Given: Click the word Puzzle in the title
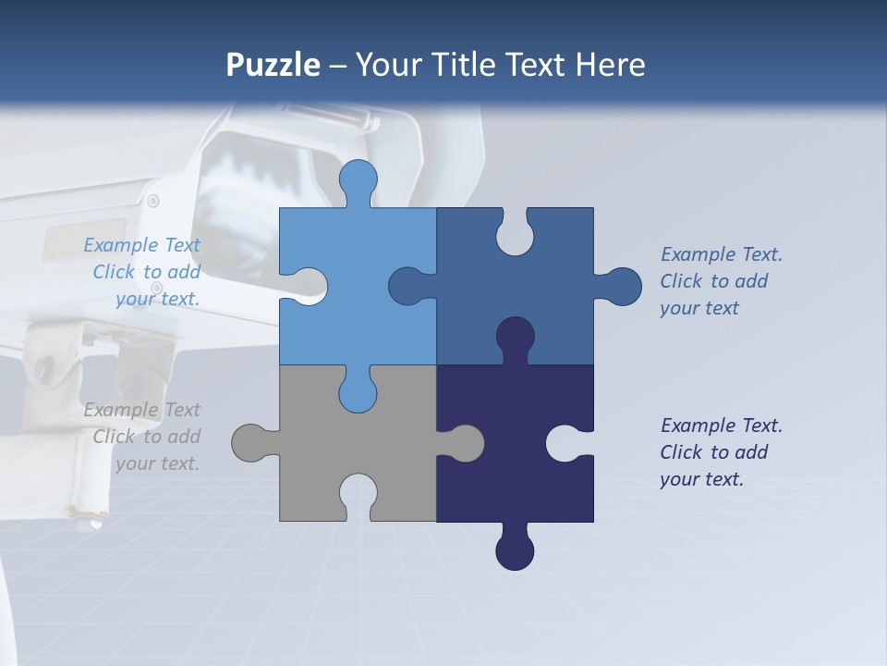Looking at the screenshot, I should coord(273,65).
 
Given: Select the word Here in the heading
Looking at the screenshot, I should coord(610,65).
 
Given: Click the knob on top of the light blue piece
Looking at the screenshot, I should coord(358,179).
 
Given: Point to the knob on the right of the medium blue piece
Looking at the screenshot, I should coord(622,287).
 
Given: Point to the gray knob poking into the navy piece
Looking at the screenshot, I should coord(464,443).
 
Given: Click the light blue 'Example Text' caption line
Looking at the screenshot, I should coord(141,245).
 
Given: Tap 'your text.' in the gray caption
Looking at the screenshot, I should coord(157,463).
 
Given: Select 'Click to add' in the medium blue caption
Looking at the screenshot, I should coord(713,281).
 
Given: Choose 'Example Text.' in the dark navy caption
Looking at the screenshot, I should coord(721,425).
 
